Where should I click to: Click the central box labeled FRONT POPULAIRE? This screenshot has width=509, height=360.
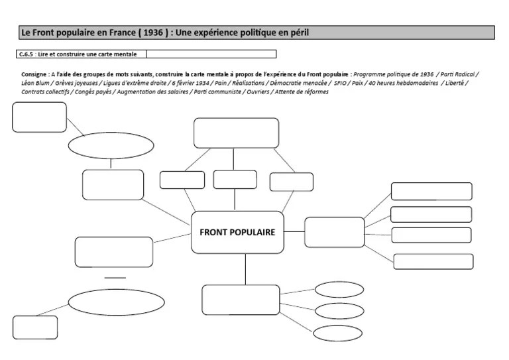click(237, 232)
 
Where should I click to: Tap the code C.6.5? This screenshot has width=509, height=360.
click(27, 54)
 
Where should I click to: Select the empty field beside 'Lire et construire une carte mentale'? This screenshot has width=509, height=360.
click(211, 54)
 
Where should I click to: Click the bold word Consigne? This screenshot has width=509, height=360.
click(34, 74)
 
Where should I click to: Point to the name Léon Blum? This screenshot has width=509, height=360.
click(36, 83)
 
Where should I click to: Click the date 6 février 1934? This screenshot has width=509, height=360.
click(190, 83)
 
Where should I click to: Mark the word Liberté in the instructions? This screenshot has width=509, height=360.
click(455, 83)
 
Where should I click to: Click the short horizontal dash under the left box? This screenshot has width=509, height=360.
click(115, 277)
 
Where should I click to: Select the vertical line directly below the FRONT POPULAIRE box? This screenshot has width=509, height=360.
click(245, 269)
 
